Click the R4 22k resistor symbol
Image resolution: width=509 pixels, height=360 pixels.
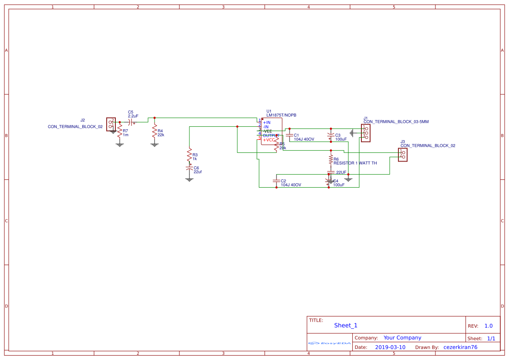coord(154,131)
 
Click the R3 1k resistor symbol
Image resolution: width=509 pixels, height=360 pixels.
coord(189,155)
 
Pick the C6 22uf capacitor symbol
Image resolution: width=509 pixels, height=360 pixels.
coord(189,168)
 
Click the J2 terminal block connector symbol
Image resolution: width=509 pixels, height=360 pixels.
coord(111,124)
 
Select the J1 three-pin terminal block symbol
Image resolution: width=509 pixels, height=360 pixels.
coord(365,133)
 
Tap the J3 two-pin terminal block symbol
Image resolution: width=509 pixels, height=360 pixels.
coord(402,155)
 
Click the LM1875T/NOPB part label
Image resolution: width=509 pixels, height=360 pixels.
coord(281,115)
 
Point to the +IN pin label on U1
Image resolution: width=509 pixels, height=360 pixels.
coord(266,122)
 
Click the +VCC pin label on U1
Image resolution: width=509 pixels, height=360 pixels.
coord(269,140)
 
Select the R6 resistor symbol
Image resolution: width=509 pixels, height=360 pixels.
coord(330,159)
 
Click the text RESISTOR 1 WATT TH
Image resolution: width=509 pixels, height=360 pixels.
coord(355,163)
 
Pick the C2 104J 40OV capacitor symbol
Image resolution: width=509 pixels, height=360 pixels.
coord(276,180)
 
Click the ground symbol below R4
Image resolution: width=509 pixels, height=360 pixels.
coord(154,144)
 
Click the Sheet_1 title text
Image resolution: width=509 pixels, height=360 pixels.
coord(346,325)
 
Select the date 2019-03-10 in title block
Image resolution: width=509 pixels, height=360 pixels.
coord(390,347)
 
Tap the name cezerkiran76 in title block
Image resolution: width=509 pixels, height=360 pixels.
coord(460,347)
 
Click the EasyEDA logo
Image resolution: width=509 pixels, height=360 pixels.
coord(330,343)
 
